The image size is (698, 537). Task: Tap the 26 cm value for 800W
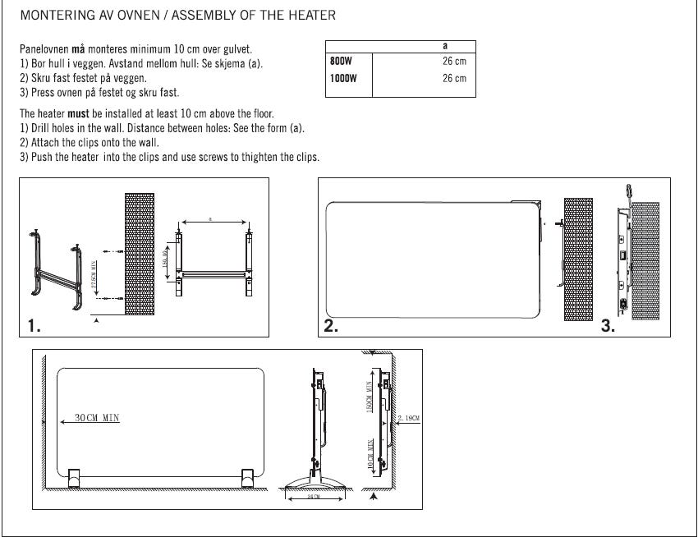[x=453, y=62]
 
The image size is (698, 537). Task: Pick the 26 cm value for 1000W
[x=453, y=79]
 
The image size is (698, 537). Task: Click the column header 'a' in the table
[x=444, y=47]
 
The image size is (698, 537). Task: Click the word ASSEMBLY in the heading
[x=188, y=16]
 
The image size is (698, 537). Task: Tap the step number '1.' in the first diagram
[x=34, y=326]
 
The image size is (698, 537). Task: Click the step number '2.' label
[x=331, y=326]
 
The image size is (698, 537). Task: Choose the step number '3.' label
[x=608, y=326]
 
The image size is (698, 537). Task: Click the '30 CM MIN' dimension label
[x=97, y=418]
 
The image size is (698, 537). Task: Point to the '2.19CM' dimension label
[x=409, y=419]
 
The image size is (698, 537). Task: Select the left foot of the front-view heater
[x=72, y=478]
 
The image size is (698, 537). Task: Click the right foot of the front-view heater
[x=246, y=478]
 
